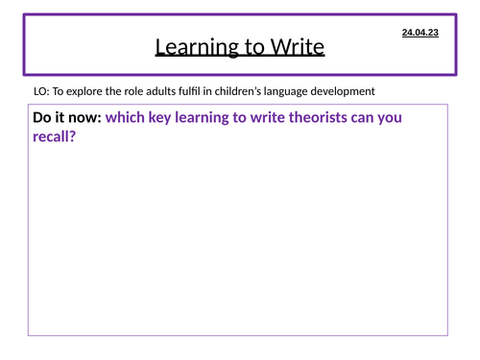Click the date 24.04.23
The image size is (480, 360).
click(420, 33)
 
